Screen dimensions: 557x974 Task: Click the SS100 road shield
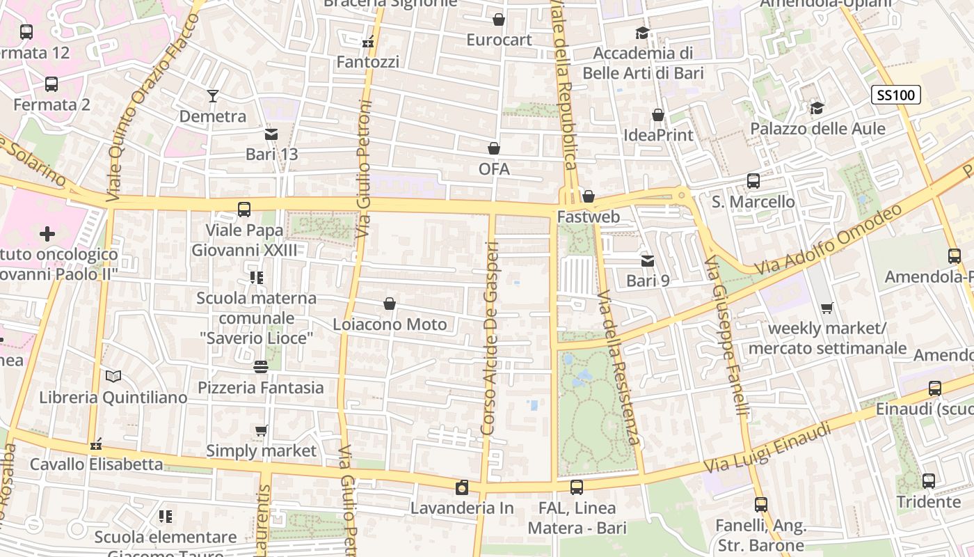click(x=896, y=95)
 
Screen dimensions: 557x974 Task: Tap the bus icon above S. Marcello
click(x=753, y=181)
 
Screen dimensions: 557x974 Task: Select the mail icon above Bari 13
click(x=271, y=134)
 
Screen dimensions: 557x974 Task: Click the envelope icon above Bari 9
click(x=648, y=261)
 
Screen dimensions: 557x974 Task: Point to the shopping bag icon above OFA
click(x=494, y=148)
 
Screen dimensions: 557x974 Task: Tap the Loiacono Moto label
click(x=390, y=324)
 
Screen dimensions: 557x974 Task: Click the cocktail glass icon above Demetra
click(x=213, y=96)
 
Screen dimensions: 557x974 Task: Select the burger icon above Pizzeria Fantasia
click(x=261, y=367)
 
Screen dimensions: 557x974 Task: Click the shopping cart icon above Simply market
click(x=261, y=431)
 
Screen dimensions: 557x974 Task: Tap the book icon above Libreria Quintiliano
click(x=113, y=377)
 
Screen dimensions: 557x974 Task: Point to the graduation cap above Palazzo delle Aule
click(x=817, y=109)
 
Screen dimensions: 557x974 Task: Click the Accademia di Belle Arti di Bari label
click(x=643, y=63)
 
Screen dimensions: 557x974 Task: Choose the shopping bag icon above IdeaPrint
click(x=658, y=115)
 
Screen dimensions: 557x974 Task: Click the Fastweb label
click(x=589, y=217)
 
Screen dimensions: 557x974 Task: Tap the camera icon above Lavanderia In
click(x=461, y=488)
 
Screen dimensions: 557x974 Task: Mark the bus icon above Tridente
click(x=928, y=481)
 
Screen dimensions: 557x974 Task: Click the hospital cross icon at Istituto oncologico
click(x=47, y=234)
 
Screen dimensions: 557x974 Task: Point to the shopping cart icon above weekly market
click(x=827, y=308)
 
